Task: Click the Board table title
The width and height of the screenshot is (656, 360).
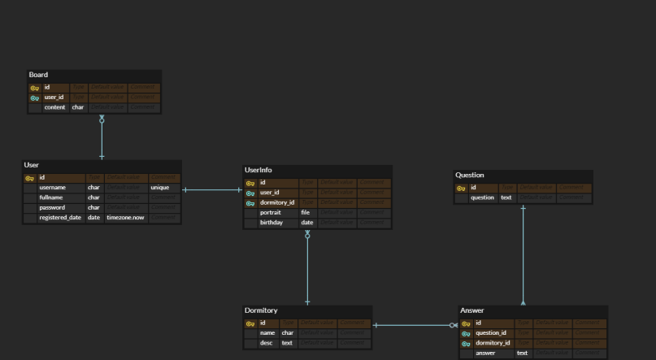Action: pos(38,75)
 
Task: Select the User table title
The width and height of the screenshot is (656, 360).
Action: pos(32,165)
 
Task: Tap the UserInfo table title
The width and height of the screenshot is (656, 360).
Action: pos(258,171)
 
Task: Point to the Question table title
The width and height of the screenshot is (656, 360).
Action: pos(470,175)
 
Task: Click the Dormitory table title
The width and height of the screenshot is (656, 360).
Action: pos(261,310)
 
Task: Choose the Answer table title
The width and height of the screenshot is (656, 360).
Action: pos(471,310)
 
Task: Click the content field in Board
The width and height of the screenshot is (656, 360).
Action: pos(54,107)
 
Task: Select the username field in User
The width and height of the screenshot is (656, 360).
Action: pos(58,187)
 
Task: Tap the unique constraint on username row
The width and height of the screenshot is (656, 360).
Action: pos(159,187)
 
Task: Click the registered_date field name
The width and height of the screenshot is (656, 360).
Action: pos(60,217)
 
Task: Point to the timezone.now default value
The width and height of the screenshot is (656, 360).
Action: pos(124,217)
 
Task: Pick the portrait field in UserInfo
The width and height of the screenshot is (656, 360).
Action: pos(271,212)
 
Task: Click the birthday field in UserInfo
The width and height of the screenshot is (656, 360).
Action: pos(271,222)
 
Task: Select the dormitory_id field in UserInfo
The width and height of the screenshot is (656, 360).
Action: pos(276,202)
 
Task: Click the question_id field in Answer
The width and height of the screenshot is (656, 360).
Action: pos(491,332)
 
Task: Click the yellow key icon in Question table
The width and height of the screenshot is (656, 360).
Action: pos(461,188)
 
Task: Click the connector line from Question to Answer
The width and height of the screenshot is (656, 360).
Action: pos(523,252)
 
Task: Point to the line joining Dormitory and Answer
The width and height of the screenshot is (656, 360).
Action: pos(415,326)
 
